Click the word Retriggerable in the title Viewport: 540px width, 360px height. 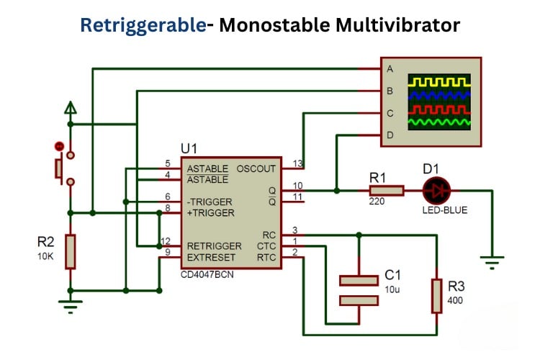[143, 25]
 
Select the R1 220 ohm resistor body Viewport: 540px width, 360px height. [386, 191]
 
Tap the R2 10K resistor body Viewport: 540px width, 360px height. [70, 251]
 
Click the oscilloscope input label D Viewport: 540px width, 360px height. [390, 135]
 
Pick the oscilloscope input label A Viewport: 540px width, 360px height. [390, 69]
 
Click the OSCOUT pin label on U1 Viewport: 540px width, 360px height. [256, 168]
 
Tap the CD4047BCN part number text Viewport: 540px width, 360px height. [208, 274]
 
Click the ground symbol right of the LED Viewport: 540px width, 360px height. [492, 263]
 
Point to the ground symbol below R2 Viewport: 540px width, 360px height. [70, 307]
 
